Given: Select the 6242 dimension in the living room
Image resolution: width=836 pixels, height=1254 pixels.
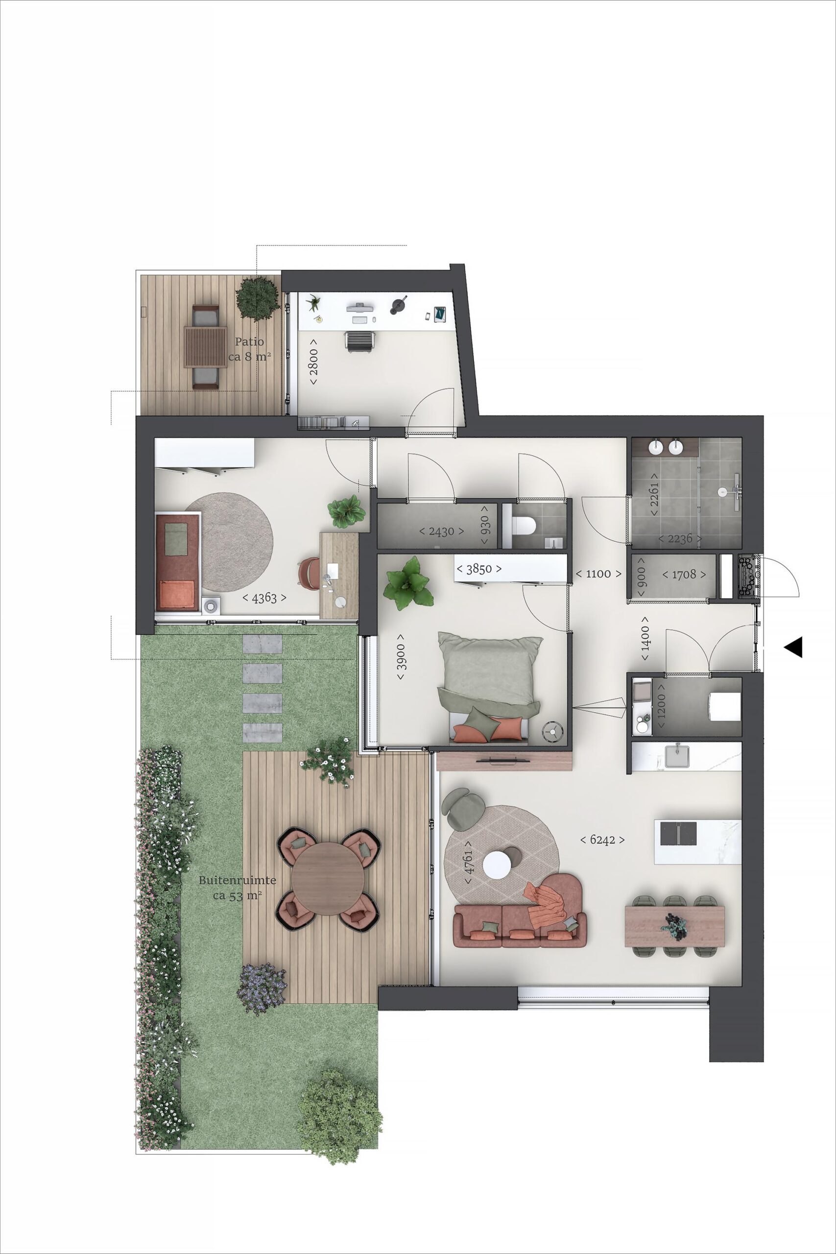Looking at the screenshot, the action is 602,840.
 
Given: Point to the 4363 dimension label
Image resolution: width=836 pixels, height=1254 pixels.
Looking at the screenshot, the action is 264,598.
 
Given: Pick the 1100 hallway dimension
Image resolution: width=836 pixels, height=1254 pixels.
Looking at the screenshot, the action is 598,574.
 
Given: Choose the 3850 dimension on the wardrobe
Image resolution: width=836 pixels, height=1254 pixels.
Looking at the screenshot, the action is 479,569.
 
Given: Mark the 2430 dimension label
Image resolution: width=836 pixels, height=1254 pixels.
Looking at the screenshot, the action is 441,531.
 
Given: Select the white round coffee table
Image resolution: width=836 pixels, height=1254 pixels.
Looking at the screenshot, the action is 497,865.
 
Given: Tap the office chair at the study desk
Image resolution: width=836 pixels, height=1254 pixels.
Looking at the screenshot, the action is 360,341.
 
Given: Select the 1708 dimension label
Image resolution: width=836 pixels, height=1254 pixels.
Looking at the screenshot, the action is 684,574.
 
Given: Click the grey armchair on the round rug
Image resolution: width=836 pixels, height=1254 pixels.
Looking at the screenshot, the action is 463,809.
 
